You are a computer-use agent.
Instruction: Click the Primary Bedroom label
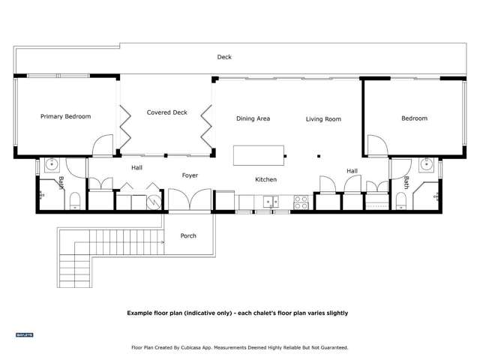[65, 116]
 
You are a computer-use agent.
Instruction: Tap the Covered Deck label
[166, 112]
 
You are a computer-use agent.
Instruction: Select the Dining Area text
[253, 118]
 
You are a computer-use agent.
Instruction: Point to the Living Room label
[323, 118]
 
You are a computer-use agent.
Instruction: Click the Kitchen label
[266, 179]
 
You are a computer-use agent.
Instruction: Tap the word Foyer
[190, 175]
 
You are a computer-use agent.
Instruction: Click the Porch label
[188, 235]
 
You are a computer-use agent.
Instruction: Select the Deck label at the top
[224, 57]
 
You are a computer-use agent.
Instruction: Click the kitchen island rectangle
[259, 155]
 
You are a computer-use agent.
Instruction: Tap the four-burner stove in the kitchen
[301, 201]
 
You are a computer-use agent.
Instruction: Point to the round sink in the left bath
[52, 163]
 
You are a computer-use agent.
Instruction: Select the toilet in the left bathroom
[74, 200]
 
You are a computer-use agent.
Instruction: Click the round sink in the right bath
[426, 163]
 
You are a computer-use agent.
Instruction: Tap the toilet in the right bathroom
[401, 200]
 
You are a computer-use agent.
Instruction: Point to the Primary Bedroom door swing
[103, 145]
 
